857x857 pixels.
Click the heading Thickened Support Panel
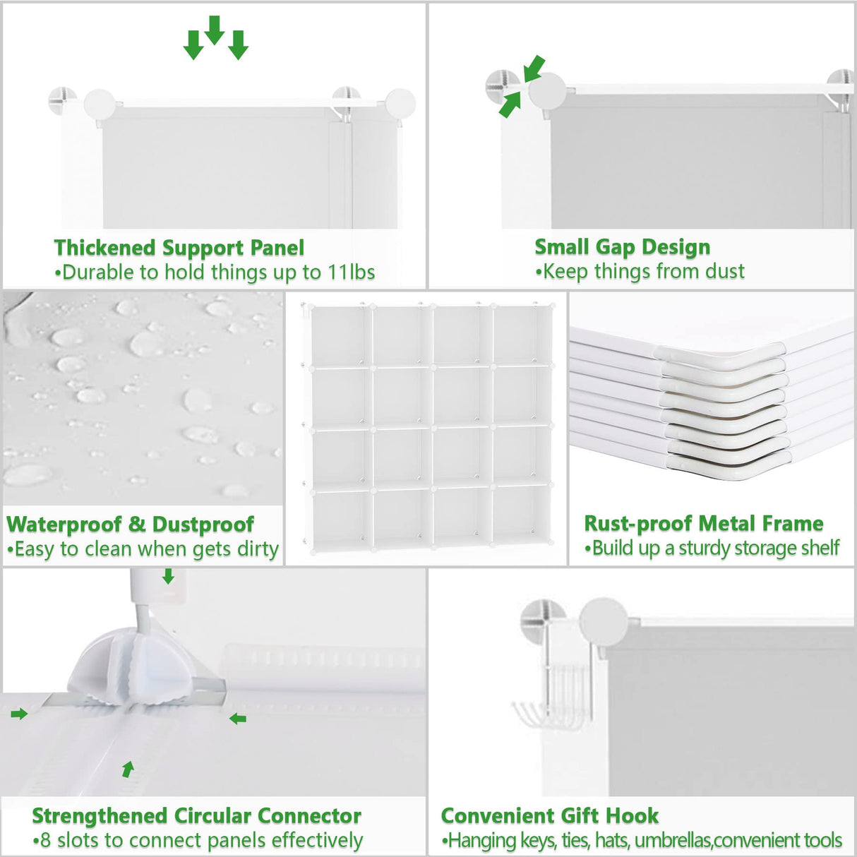pyautogui.click(x=179, y=248)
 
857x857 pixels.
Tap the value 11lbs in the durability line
pyautogui.click(x=351, y=272)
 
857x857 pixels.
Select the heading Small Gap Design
pyautogui.click(x=622, y=247)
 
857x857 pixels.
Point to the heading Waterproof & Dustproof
pyautogui.click(x=130, y=525)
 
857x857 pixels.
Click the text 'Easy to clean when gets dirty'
pyautogui.click(x=146, y=549)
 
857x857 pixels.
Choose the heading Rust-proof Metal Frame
pyautogui.click(x=703, y=524)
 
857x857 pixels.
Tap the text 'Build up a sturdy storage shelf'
pyautogui.click(x=715, y=549)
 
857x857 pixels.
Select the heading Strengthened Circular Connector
pyautogui.click(x=196, y=816)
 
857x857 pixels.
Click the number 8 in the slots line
pyautogui.click(x=46, y=841)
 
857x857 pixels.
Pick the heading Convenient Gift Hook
pyautogui.click(x=549, y=816)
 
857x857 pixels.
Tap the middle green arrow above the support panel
pyautogui.click(x=215, y=30)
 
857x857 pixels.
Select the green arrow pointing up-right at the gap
pyautogui.click(x=510, y=105)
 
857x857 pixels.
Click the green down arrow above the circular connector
pyautogui.click(x=168, y=577)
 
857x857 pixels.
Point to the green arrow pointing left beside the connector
pyautogui.click(x=238, y=719)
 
